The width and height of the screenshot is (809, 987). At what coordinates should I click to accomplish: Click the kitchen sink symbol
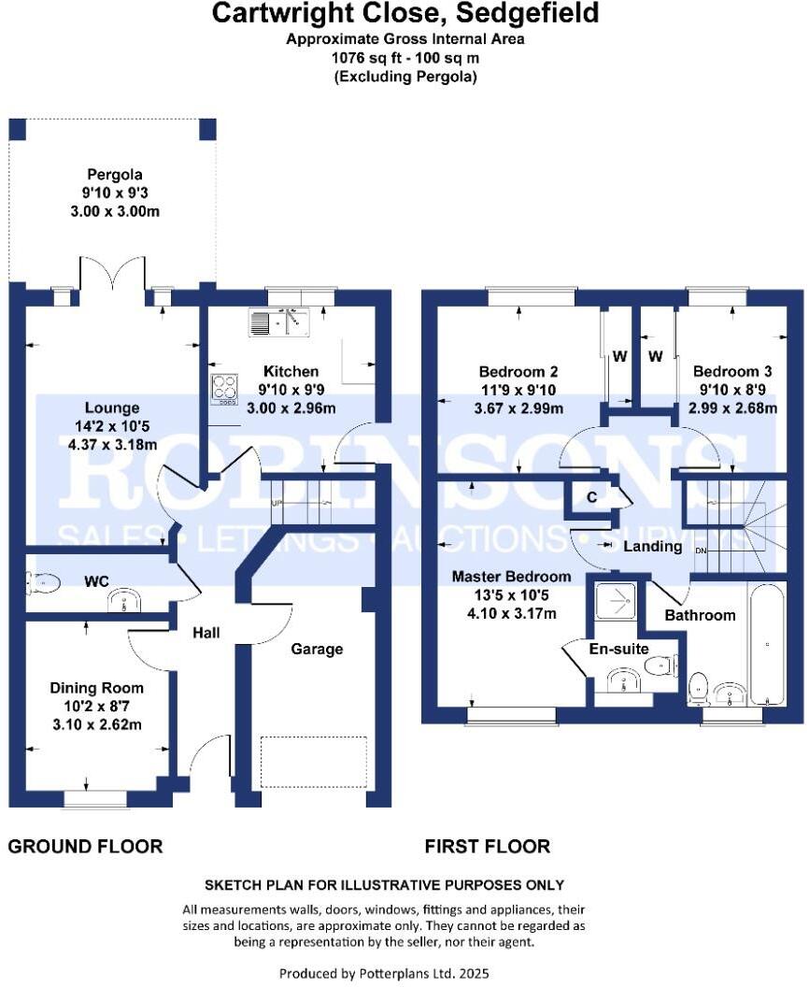point(279,322)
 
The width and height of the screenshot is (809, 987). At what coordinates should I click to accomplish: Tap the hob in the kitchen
point(225,387)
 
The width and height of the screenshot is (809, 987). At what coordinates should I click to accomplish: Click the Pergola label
point(115,175)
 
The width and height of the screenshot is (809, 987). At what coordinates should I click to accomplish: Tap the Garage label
point(316,649)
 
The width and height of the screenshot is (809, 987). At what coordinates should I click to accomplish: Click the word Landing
point(652,546)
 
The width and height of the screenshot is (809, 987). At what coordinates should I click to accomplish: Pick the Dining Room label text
point(97,688)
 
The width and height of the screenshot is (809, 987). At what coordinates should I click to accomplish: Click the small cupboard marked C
point(592,496)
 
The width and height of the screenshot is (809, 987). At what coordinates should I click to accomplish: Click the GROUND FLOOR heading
point(85,847)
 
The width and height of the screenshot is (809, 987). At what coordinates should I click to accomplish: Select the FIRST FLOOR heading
point(487,847)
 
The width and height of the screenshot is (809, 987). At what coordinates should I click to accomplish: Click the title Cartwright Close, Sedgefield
point(404,14)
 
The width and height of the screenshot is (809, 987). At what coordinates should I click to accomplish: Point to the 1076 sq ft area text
point(404,57)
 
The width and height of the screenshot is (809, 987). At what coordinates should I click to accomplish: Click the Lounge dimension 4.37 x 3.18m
point(111,445)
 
